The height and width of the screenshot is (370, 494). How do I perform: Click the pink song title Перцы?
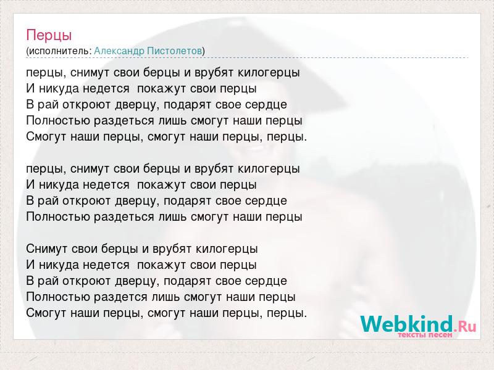pyautogui.click(x=49, y=35)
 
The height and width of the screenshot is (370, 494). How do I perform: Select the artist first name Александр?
pyautogui.click(x=119, y=51)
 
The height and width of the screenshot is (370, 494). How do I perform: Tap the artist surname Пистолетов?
pyautogui.click(x=175, y=51)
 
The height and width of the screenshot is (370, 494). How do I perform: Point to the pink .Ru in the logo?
pyautogui.click(x=465, y=326)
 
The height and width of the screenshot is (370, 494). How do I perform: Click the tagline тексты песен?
pyautogui.click(x=425, y=335)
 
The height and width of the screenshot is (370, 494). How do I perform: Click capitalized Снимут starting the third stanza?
pyautogui.click(x=47, y=249)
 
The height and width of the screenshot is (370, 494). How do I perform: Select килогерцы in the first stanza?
pyautogui.click(x=269, y=73)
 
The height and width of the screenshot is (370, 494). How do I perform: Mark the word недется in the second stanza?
pyautogui.click(x=106, y=185)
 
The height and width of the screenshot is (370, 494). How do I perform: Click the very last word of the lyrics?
pyautogui.click(x=287, y=313)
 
